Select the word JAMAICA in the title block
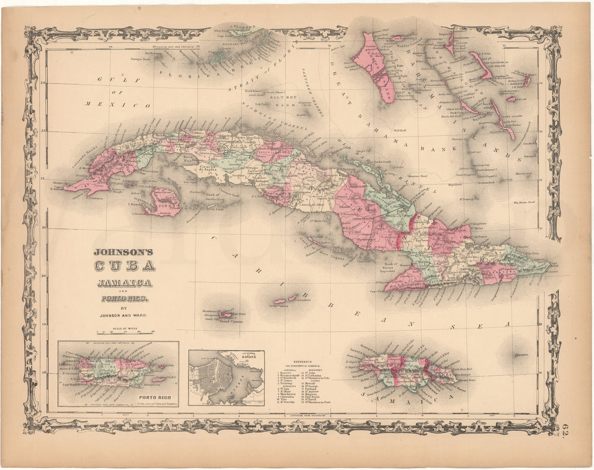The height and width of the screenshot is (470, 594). point(124,283)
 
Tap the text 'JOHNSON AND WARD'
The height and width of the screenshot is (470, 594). point(124,316)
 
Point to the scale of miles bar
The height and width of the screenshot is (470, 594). point(125,333)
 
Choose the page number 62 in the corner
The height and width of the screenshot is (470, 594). point(568,427)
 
